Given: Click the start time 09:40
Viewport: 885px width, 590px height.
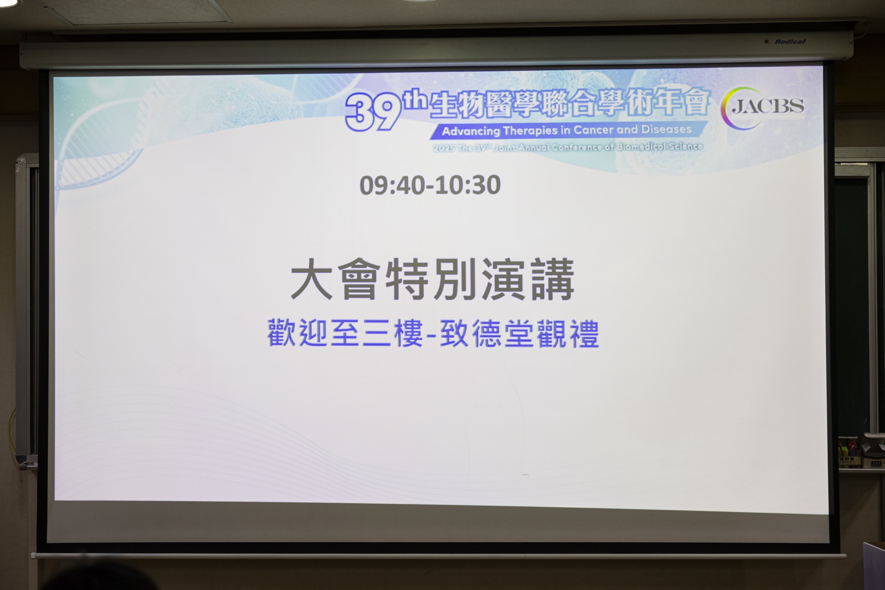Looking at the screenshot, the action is [x=391, y=185].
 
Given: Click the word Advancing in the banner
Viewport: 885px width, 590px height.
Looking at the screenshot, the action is [x=471, y=131].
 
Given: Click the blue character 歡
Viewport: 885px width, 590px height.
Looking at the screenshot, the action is [x=282, y=333].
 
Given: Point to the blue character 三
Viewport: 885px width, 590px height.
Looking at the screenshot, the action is [x=377, y=333].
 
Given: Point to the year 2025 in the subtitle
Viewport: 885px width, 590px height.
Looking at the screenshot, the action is [x=443, y=148].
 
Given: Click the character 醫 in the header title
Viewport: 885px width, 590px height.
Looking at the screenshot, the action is [x=500, y=106].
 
